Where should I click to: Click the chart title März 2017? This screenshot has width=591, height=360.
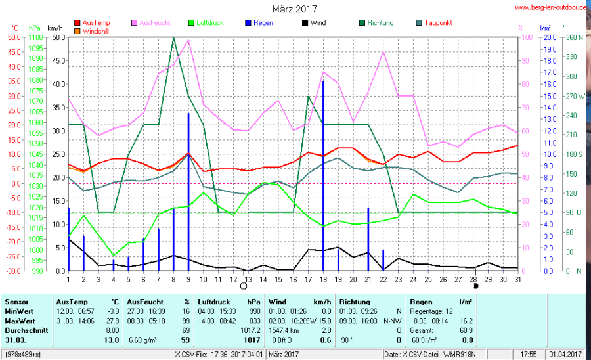[295, 9]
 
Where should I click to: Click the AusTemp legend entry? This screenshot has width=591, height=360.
[96, 23]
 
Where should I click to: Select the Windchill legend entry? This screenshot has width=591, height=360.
[96, 31]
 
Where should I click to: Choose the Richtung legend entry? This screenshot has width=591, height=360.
[380, 23]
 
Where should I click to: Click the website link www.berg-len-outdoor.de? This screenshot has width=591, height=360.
[550, 8]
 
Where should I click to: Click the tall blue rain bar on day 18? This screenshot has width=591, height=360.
[323, 177]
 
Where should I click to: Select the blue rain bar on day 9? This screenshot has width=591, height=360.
[188, 191]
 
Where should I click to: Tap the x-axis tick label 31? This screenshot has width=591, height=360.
[517, 280]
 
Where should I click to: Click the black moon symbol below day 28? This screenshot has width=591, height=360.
[475, 286]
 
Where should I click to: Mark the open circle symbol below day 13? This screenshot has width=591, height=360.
[244, 286]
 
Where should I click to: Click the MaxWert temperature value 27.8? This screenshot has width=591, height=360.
[112, 321]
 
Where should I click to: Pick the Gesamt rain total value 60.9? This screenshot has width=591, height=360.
[466, 330]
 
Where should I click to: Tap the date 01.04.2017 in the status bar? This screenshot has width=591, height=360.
[567, 355]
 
